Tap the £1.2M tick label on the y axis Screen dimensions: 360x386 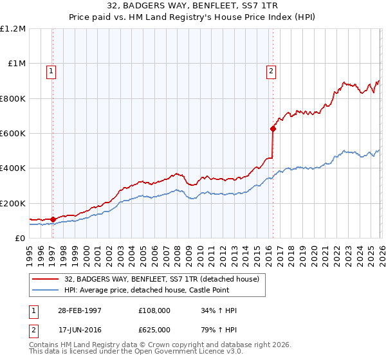13,29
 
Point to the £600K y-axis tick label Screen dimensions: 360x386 13,134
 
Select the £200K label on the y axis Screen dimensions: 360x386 13,203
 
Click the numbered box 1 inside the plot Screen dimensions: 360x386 51,71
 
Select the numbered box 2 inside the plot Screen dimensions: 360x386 271,71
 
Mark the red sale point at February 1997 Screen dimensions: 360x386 53,219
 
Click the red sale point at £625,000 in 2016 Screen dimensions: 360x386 273,129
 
